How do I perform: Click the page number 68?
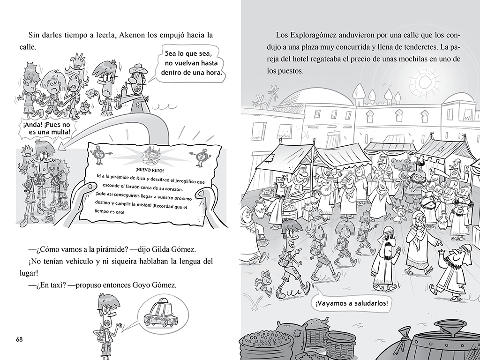[x=19, y=339]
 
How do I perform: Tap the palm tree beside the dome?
[x=261, y=99]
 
